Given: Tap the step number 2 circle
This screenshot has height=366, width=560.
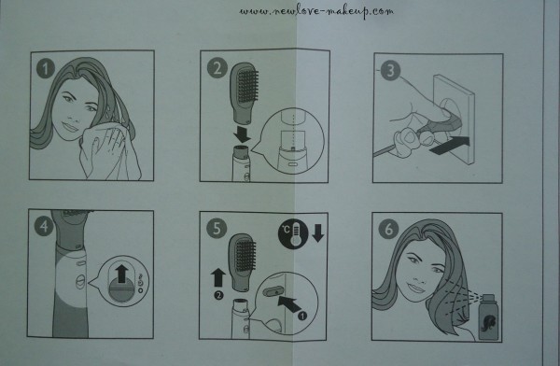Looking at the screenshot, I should [217, 68].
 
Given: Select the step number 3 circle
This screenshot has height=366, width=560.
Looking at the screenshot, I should [391, 69].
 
